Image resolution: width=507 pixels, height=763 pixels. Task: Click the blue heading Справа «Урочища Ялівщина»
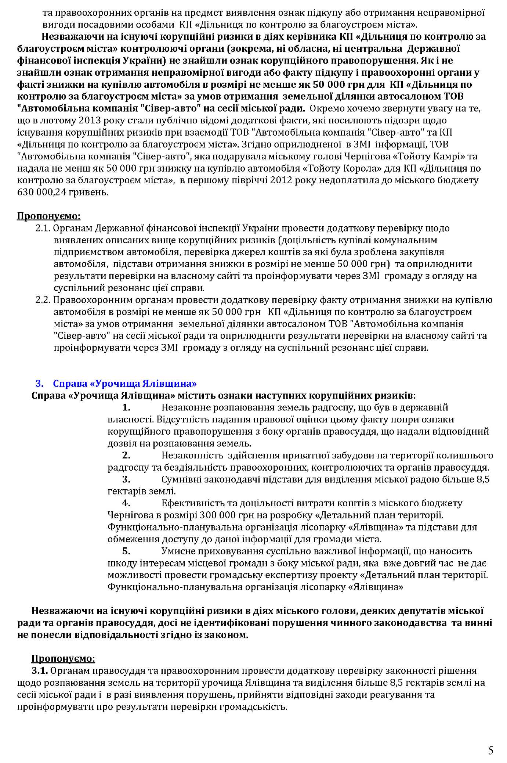pyautogui.click(x=125, y=384)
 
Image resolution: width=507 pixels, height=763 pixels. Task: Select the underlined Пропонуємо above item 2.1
pyautogui.click(x=49, y=216)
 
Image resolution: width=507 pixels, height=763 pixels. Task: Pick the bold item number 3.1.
pyautogui.click(x=40, y=671)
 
